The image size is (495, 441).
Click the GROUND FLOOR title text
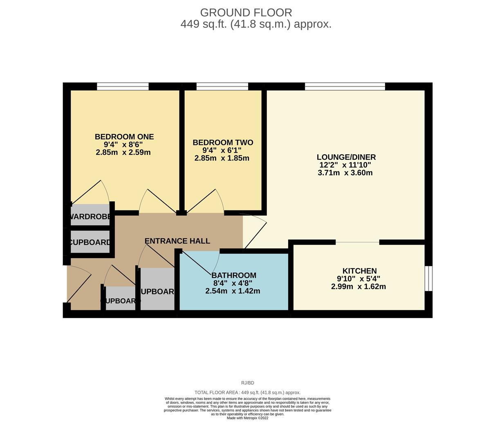click(x=246, y=13)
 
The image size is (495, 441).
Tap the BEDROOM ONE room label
click(x=124, y=137)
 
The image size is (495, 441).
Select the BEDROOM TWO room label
click(x=223, y=143)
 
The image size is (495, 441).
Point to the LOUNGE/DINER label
click(x=346, y=157)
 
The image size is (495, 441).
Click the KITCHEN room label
click(x=359, y=271)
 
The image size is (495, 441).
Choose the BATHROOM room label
click(x=234, y=275)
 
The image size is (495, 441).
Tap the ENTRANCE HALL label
click(x=177, y=241)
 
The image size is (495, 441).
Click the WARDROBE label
click(x=90, y=217)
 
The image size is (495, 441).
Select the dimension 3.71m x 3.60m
click(x=345, y=173)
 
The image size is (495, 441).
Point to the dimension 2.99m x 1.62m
click(x=358, y=287)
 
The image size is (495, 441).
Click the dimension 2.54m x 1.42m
click(x=233, y=291)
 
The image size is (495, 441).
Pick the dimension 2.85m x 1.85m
click(x=222, y=158)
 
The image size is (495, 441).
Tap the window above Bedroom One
click(x=123, y=86)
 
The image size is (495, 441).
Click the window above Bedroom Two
click(x=222, y=86)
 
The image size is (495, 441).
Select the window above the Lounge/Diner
click(x=345, y=86)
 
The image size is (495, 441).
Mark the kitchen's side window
click(x=428, y=279)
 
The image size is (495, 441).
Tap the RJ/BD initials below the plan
click(x=247, y=383)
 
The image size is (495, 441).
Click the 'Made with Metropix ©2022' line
click(x=247, y=418)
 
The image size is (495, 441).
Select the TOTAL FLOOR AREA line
click(x=247, y=392)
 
